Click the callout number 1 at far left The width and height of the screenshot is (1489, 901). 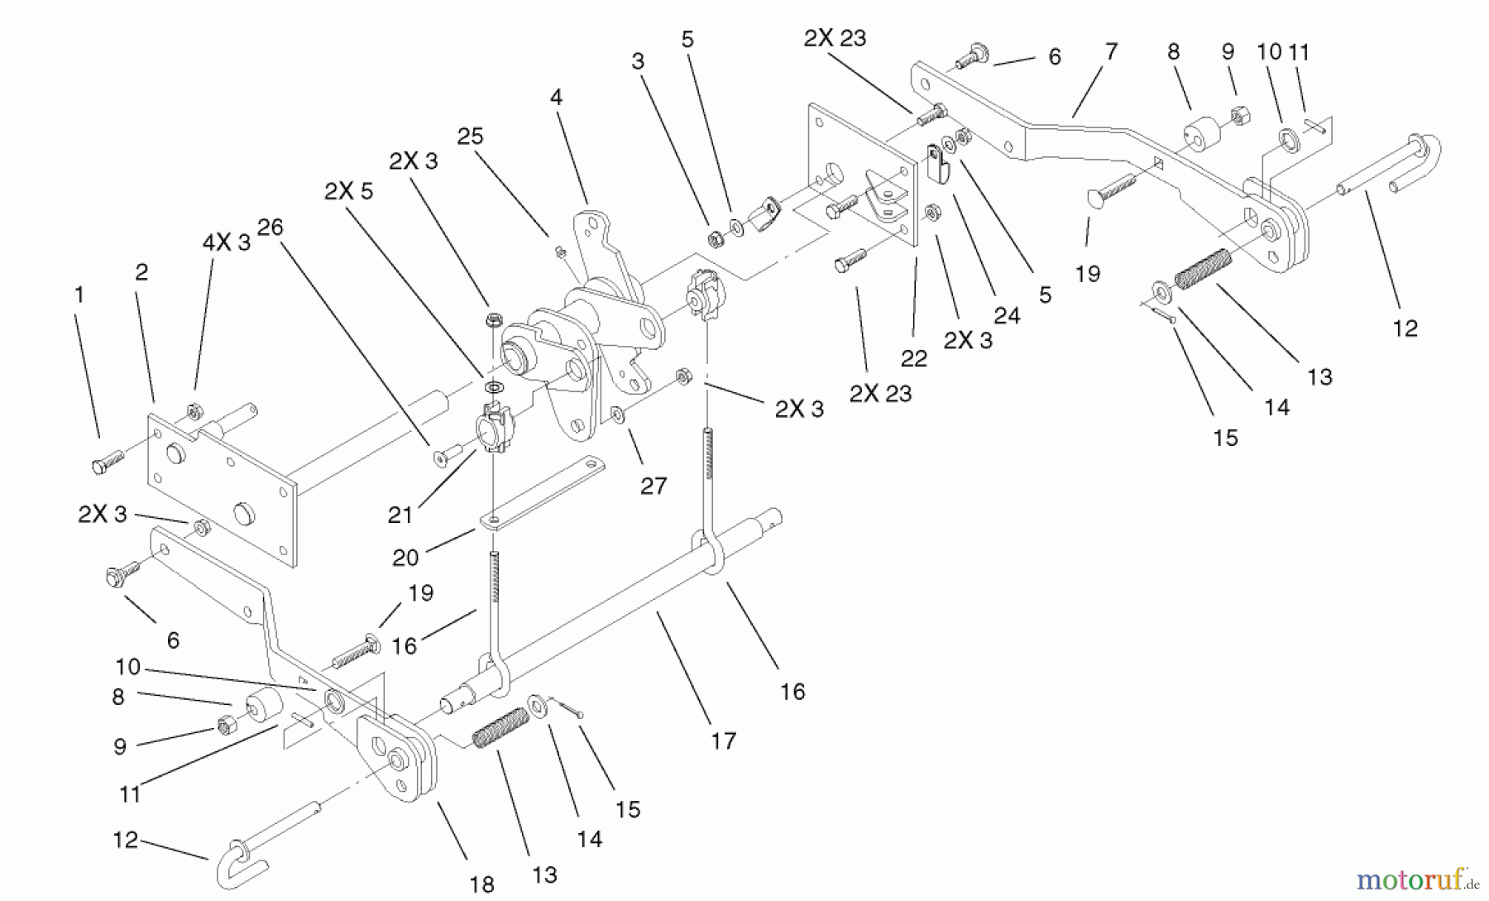(79, 295)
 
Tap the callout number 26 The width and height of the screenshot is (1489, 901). (270, 228)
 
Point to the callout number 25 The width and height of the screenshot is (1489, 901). (470, 137)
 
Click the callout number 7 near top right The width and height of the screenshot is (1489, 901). (1111, 51)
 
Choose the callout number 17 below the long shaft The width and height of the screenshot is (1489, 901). (723, 740)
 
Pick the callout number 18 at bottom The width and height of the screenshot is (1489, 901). (481, 884)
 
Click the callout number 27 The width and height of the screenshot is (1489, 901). (654, 486)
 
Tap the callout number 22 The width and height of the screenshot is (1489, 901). (913, 358)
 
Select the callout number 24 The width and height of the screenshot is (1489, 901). (1007, 315)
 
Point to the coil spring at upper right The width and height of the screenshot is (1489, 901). (1204, 269)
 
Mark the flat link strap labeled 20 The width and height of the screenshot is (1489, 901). (542, 493)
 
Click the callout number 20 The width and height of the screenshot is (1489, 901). (405, 558)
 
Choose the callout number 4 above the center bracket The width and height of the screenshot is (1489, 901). (556, 98)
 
